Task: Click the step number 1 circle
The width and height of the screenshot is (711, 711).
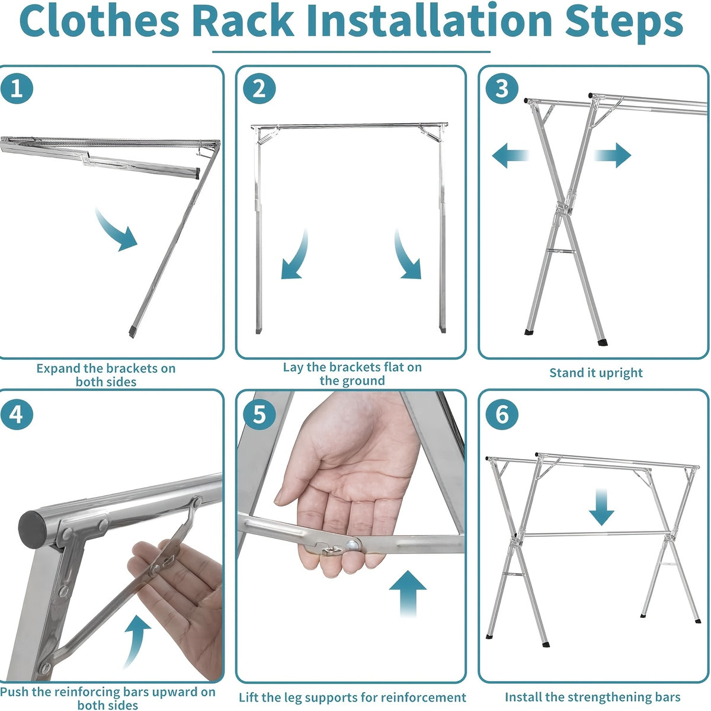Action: (17, 89)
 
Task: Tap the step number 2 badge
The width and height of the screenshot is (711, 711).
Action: (260, 89)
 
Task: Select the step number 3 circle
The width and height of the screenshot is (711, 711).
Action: (502, 89)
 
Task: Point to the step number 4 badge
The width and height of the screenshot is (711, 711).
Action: (17, 414)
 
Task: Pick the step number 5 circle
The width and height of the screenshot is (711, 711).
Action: (260, 414)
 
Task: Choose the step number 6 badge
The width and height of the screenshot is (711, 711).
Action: (502, 414)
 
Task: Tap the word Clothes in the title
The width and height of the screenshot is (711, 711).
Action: (100, 21)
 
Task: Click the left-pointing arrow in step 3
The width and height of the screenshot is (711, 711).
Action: (511, 155)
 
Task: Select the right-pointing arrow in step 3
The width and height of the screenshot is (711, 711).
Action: (613, 155)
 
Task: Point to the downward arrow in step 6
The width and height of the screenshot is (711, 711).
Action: (601, 507)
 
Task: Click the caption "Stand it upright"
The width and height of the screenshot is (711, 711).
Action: (596, 373)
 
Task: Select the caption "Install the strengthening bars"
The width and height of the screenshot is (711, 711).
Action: (592, 697)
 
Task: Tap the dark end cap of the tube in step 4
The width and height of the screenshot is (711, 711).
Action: (33, 529)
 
